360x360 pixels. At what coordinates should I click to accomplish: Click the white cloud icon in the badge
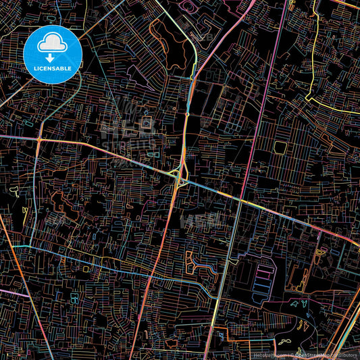pyautogui.click(x=52, y=45)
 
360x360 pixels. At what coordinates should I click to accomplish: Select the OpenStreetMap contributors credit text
pyautogui.click(x=325, y=354)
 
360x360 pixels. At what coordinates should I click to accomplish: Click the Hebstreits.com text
pyautogui.click(x=268, y=354)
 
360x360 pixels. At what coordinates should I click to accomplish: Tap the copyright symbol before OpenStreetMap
pyautogui.click(x=292, y=354)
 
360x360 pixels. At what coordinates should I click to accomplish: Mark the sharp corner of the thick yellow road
pyautogui.click(x=307, y=99)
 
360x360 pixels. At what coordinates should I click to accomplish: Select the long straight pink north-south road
pyautogui.click(x=247, y=135)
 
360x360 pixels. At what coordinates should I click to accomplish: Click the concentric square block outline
pyautogui.click(x=146, y=123)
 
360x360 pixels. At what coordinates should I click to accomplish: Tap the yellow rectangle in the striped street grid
pyautogui.click(x=281, y=147)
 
